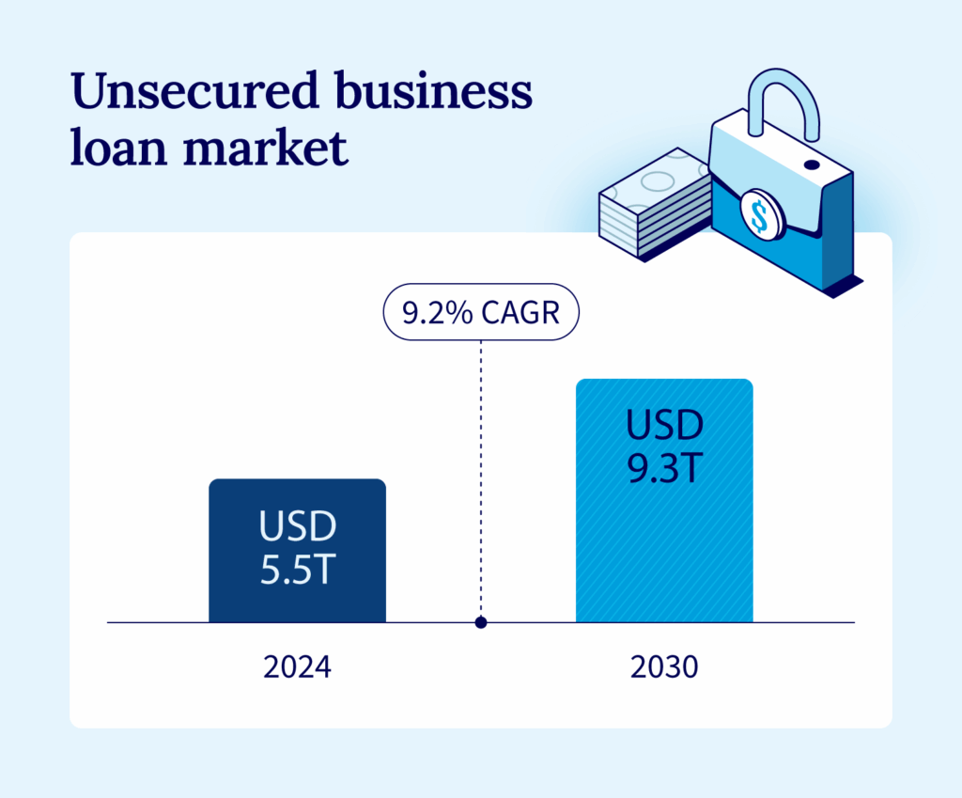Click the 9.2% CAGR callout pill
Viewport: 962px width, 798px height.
pyautogui.click(x=480, y=312)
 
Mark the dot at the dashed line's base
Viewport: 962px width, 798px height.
pyautogui.click(x=481, y=622)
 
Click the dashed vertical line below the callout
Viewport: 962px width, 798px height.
pyautogui.click(x=481, y=470)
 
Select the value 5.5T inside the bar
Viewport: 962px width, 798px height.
pyautogui.click(x=297, y=569)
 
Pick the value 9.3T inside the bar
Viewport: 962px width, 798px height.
pyautogui.click(x=664, y=467)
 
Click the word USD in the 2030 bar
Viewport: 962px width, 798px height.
pyautogui.click(x=664, y=426)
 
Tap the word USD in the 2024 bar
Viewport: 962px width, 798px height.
pyautogui.click(x=297, y=527)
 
